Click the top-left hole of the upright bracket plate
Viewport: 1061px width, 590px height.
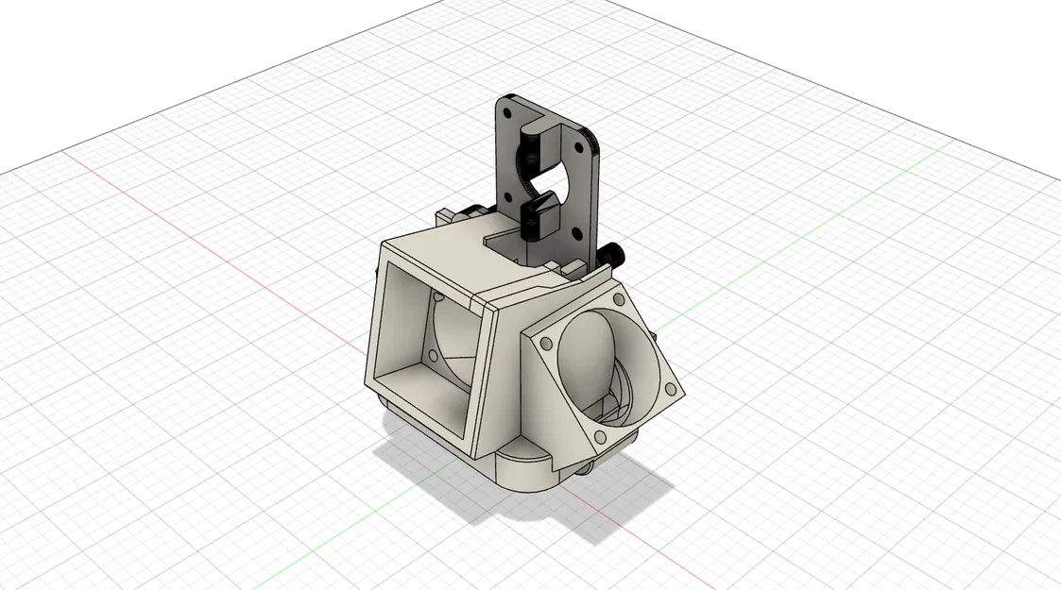tap(507, 112)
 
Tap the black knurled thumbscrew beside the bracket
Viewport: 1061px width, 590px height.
tap(615, 253)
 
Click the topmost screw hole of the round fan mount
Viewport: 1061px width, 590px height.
tap(618, 299)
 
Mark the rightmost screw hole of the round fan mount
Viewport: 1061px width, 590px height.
tap(669, 388)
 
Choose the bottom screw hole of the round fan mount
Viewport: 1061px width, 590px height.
tap(598, 435)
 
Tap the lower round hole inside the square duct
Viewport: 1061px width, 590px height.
tap(433, 358)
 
